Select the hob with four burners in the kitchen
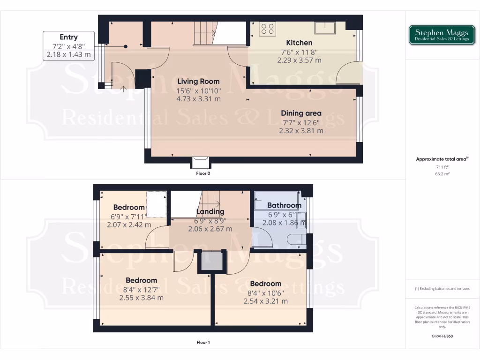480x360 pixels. tap(268, 29)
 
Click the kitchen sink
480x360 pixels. tap(324, 28)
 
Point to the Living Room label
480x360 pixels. tap(199, 82)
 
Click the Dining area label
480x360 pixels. tap(301, 113)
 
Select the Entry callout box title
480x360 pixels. tap(68, 37)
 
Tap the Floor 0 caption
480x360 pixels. tap(203, 173)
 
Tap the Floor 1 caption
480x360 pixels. tap(203, 342)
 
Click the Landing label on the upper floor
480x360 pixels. tap(210, 211)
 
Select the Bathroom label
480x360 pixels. tap(284, 205)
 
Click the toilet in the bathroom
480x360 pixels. tap(296, 240)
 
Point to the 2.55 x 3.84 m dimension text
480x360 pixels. tap(141, 297)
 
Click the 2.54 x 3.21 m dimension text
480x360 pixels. tap(265, 301)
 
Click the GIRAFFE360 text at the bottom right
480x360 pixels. tap(442, 336)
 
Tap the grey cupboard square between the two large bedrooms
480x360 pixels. tap(211, 262)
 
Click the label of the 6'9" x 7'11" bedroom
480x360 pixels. tap(129, 208)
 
